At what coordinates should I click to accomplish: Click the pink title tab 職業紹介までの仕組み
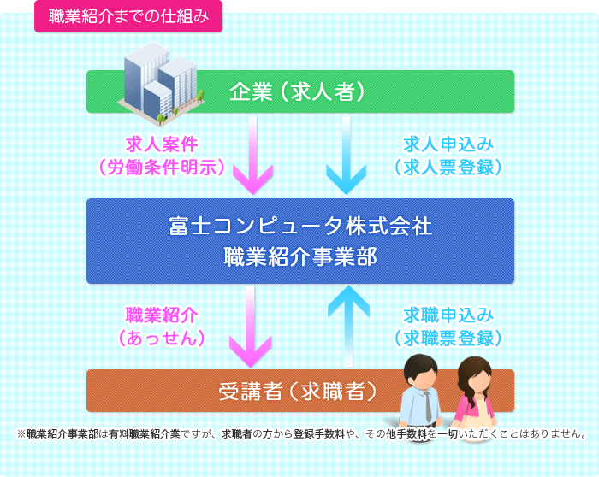(128, 16)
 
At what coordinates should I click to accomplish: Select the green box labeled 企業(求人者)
(300, 91)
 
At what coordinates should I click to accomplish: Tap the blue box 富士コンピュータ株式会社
(300, 241)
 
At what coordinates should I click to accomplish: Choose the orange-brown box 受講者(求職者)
(300, 391)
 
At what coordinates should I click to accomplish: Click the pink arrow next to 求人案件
(252, 156)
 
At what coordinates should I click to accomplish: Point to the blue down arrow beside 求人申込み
(346, 156)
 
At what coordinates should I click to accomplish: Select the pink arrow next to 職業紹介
(251, 327)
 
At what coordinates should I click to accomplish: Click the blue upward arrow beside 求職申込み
(348, 327)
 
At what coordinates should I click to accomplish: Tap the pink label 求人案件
(162, 144)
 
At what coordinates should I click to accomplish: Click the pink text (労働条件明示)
(162, 168)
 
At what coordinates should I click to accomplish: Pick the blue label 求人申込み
(448, 144)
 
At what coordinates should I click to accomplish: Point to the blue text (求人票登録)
(448, 168)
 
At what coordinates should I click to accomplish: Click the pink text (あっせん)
(162, 339)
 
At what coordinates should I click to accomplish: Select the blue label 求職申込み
(448, 315)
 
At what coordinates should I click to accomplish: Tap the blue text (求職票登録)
(448, 339)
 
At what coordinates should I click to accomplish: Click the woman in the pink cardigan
(474, 393)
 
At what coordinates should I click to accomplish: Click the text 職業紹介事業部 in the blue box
(300, 256)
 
